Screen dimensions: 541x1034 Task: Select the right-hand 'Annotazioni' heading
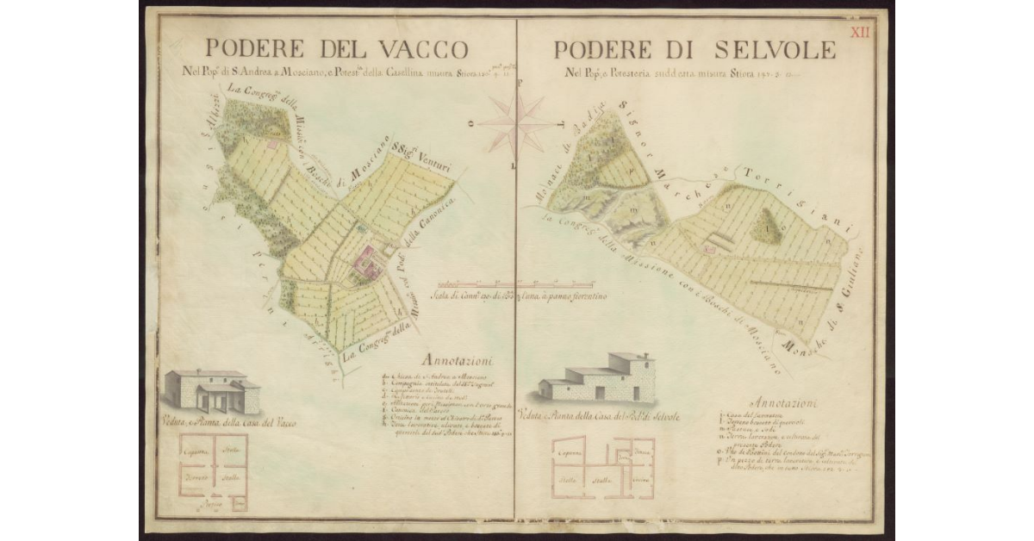784,402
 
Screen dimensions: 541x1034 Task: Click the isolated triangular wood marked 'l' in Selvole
763,227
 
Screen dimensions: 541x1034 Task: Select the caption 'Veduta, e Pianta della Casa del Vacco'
221,422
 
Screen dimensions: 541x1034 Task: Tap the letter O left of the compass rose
470,122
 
